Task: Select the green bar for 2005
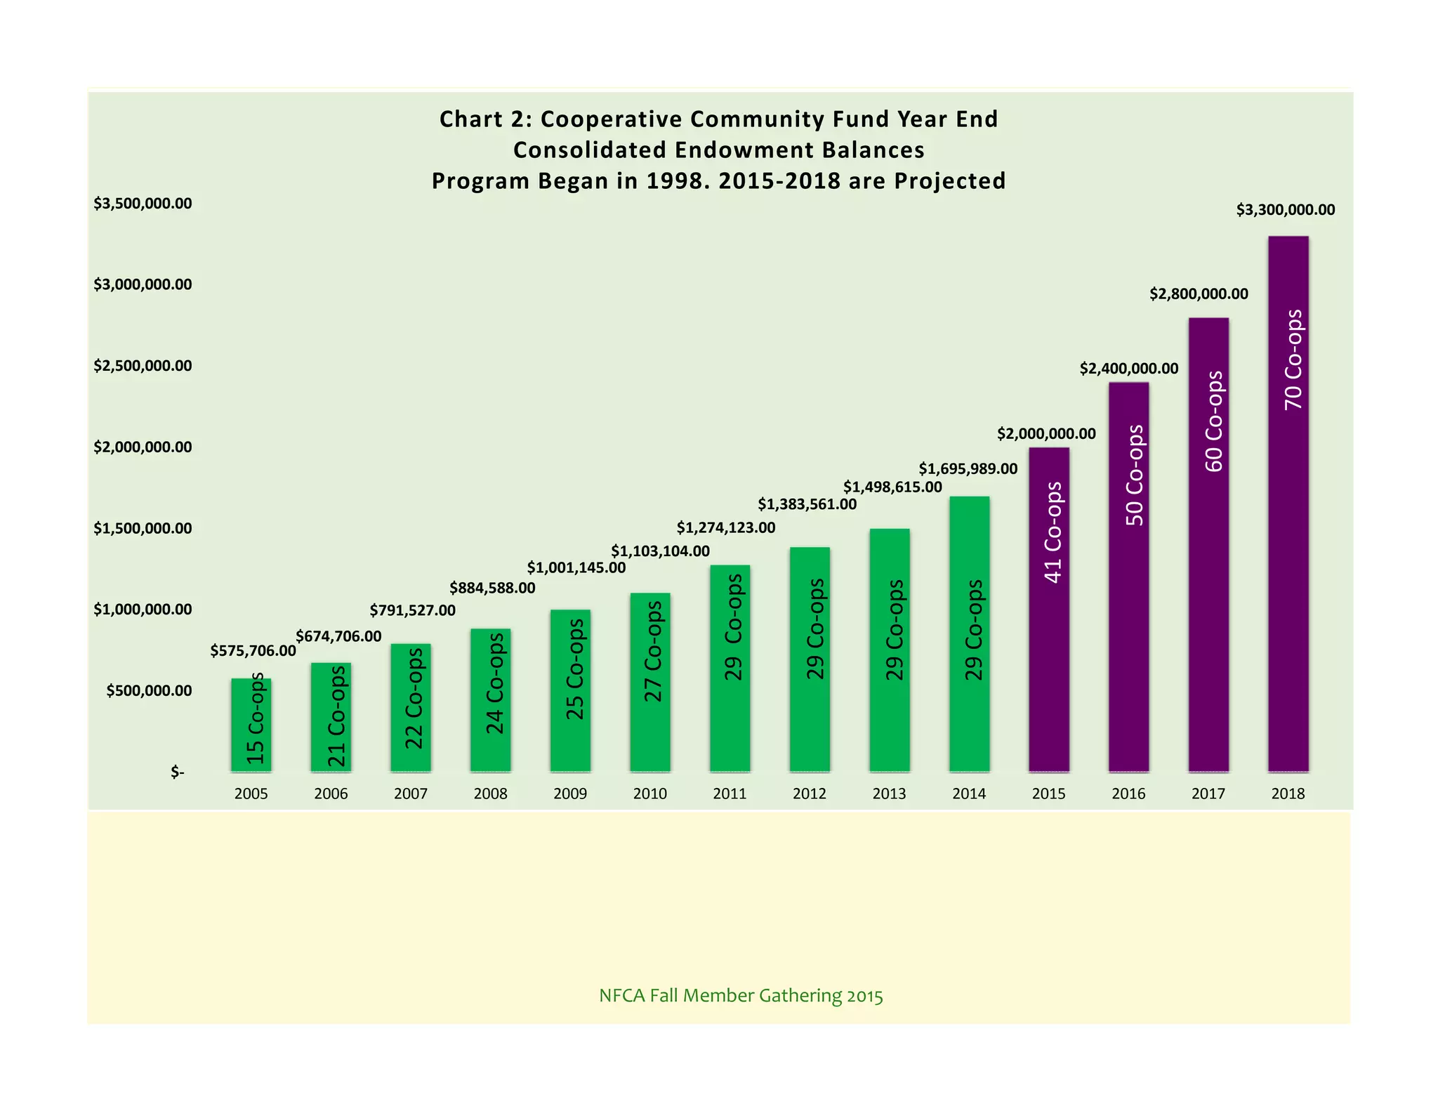pyautogui.click(x=251, y=725)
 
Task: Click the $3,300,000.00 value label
pyautogui.click(x=1285, y=210)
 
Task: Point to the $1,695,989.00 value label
pyautogui.click(x=968, y=468)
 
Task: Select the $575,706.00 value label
pyautogui.click(x=253, y=651)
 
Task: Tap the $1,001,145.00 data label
pyautogui.click(x=576, y=567)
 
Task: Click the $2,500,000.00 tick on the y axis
pyautogui.click(x=143, y=366)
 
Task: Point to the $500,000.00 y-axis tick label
pyautogui.click(x=149, y=690)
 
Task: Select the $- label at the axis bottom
pyautogui.click(x=178, y=773)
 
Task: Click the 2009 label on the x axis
pyautogui.click(x=570, y=794)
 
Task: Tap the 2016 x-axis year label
pyautogui.click(x=1128, y=794)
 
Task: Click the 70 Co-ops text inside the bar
pyautogui.click(x=1293, y=360)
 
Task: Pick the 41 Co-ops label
pyautogui.click(x=1053, y=532)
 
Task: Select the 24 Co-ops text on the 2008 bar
pyautogui.click(x=495, y=683)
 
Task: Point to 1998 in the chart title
pyautogui.click(x=668, y=181)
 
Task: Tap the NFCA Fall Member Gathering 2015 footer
pyautogui.click(x=741, y=996)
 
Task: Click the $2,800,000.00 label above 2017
pyautogui.click(x=1199, y=294)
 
